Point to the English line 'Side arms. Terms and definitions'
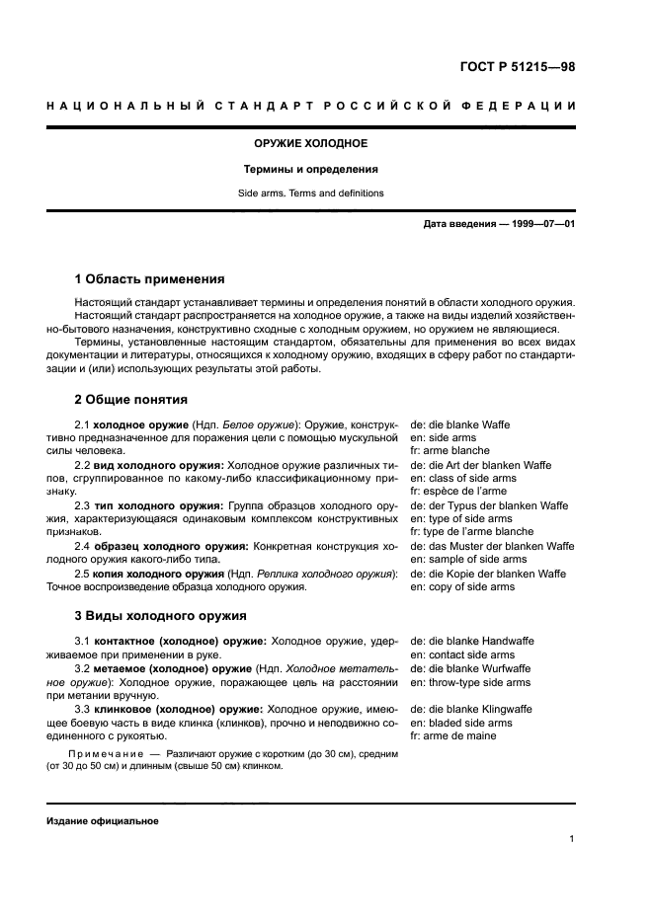click(x=312, y=193)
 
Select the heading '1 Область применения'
click(x=149, y=279)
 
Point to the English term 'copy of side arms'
click(x=462, y=586)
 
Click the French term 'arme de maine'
click(x=451, y=736)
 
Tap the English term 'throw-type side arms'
click(x=470, y=682)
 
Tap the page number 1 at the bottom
click(x=572, y=840)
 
